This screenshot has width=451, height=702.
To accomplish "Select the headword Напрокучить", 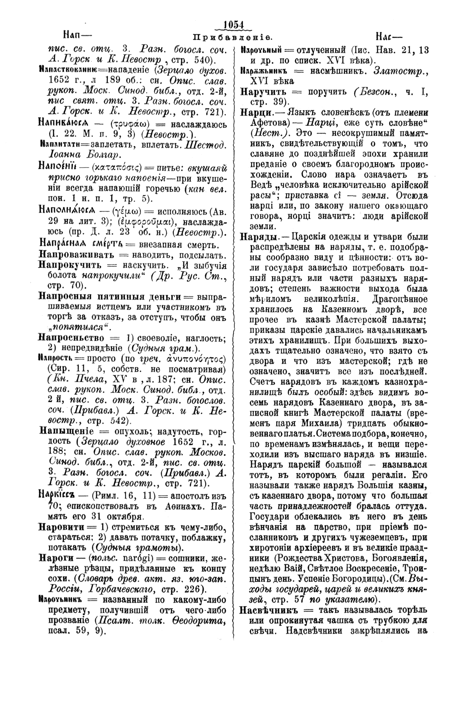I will pos(73,265).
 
